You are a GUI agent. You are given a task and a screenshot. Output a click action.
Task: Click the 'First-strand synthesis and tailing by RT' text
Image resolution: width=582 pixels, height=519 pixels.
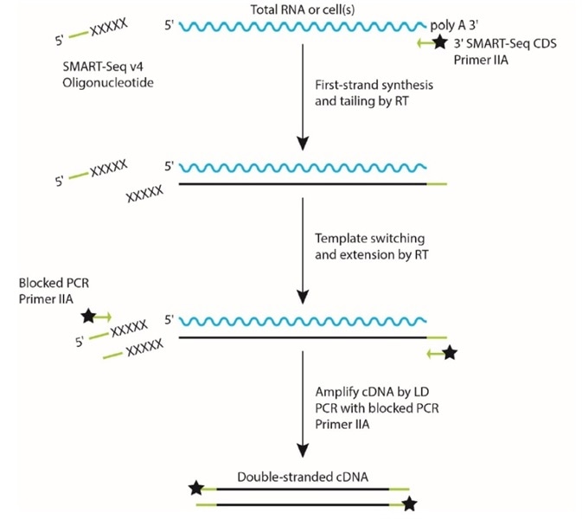(372, 95)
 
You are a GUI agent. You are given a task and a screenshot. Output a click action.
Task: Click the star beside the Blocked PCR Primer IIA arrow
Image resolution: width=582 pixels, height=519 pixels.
(87, 317)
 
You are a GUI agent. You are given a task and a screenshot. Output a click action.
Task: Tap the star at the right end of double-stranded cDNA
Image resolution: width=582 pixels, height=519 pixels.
(409, 503)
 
